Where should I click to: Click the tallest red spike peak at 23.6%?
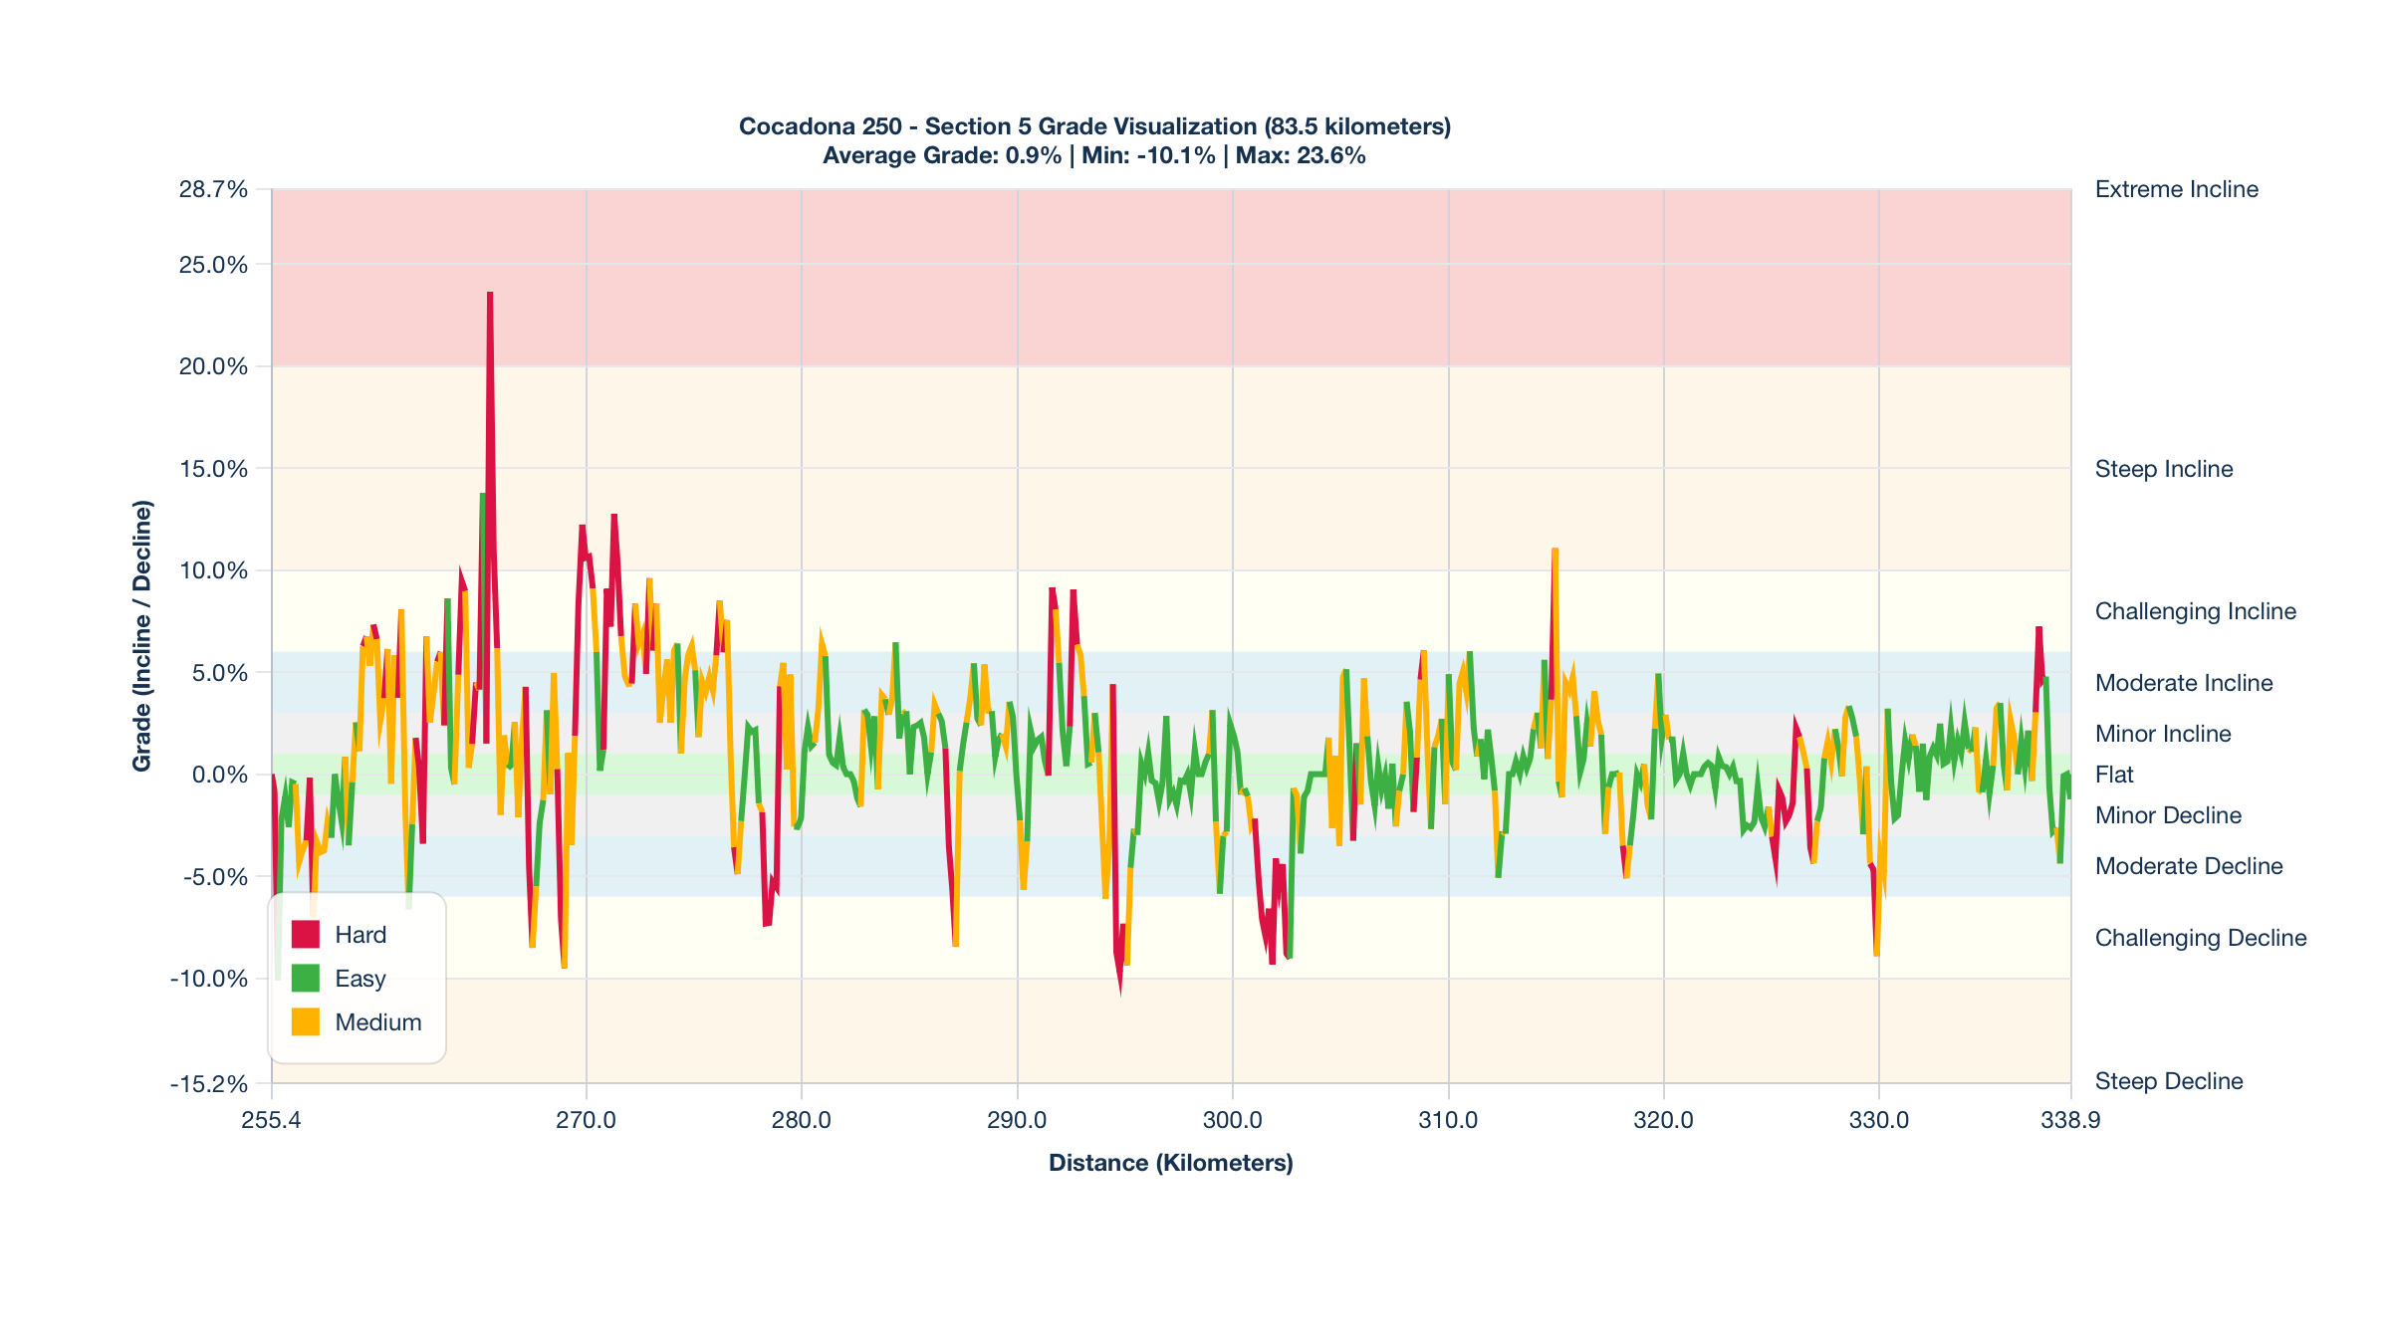(490, 295)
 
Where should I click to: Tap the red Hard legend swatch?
(305, 935)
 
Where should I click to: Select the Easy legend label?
(359, 979)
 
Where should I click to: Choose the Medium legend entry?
(377, 1022)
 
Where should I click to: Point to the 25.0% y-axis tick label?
(213, 265)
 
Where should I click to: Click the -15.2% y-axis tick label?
(208, 1083)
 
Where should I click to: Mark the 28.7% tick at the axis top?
(213, 189)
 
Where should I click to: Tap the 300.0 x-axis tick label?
(1232, 1120)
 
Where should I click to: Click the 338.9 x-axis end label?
(2070, 1120)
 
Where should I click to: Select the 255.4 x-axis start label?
(271, 1120)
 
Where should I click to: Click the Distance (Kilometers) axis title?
(1170, 1163)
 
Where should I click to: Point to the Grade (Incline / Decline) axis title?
(142, 635)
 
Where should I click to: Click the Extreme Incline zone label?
(2176, 189)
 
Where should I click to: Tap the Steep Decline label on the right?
(2168, 1081)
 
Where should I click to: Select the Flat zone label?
(2114, 775)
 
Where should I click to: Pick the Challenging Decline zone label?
(2200, 938)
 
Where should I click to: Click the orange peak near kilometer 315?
(1554, 551)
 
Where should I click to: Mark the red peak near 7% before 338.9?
(2038, 629)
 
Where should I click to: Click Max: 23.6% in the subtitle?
(1301, 155)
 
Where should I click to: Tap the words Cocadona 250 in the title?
(820, 126)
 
